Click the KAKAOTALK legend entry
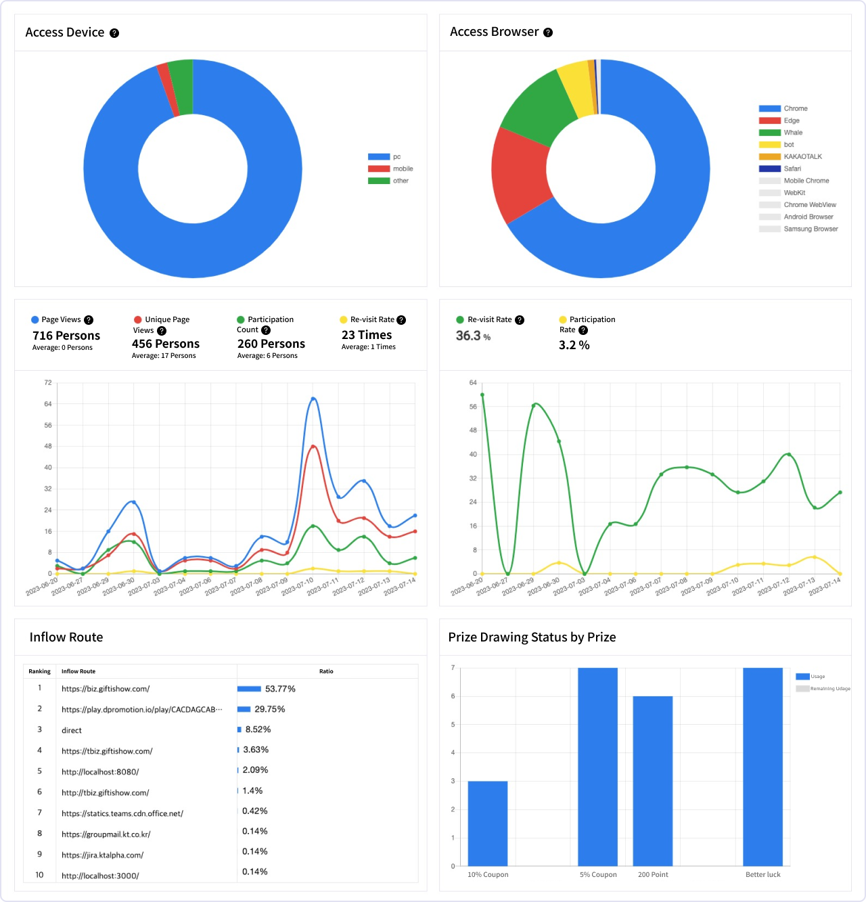click(x=790, y=157)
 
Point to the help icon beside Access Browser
click(x=548, y=32)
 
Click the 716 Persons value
click(x=66, y=335)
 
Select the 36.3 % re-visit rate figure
click(x=473, y=336)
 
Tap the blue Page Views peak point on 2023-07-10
click(x=313, y=399)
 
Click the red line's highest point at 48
click(x=313, y=447)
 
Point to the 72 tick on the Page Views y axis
click(x=48, y=382)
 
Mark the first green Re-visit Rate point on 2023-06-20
click(x=482, y=395)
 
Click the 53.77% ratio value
click(x=280, y=689)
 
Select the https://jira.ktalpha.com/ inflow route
click(x=102, y=855)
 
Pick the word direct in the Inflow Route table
click(x=71, y=730)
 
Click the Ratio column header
click(x=326, y=671)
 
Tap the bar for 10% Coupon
click(x=487, y=824)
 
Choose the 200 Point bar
click(x=652, y=781)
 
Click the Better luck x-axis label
click(x=762, y=875)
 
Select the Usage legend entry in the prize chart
click(x=811, y=676)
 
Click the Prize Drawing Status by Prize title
click(x=532, y=637)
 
